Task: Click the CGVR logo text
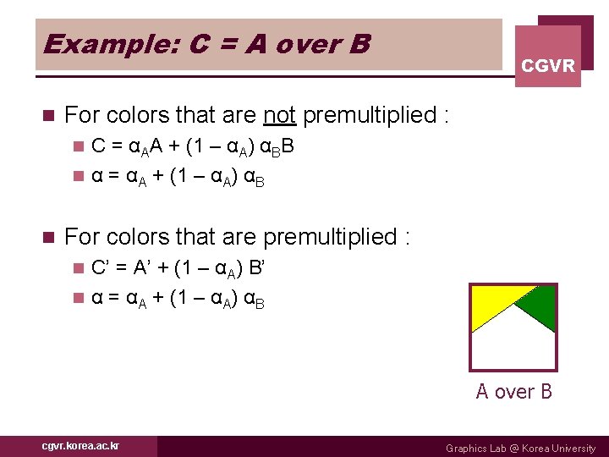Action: [548, 65]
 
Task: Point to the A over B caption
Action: [513, 391]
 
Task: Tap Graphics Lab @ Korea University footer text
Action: [520, 448]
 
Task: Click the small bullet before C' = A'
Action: [79, 269]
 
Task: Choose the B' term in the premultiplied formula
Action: [258, 268]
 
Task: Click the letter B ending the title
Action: [359, 43]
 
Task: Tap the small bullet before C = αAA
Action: [79, 146]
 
